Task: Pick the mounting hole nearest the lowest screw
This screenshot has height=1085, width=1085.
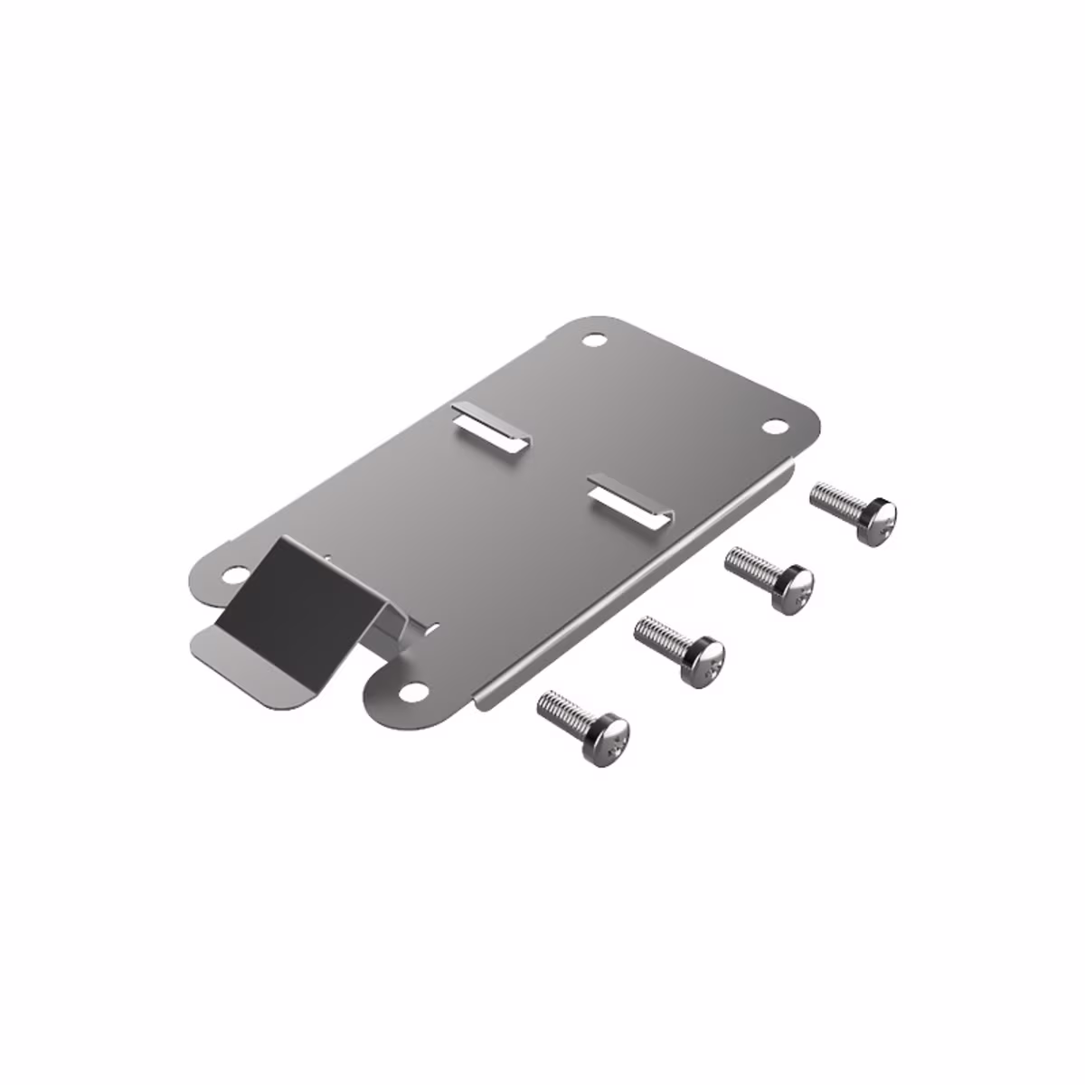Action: [x=414, y=692]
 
